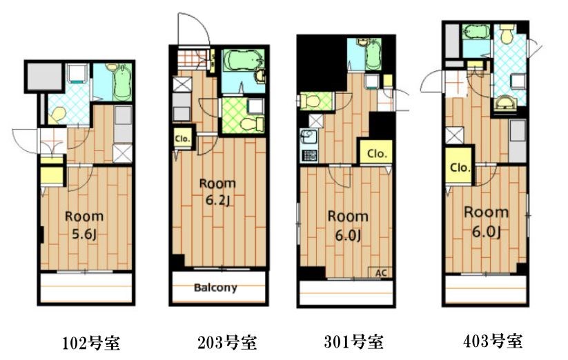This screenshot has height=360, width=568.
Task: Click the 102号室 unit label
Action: [x=91, y=343]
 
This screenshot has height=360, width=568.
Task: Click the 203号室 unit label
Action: [x=227, y=342]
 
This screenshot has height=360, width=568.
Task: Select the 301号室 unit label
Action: [x=353, y=341]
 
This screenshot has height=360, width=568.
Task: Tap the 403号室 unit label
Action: [x=493, y=341]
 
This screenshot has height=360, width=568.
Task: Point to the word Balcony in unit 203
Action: [x=215, y=288]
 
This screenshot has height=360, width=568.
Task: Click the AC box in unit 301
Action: [x=381, y=272]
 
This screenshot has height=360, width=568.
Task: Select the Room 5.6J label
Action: [x=84, y=225]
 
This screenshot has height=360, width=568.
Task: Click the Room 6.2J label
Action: [x=217, y=192]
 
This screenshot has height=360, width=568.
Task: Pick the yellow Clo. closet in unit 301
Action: [x=376, y=152]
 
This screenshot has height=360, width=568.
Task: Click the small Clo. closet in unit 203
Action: [x=182, y=138]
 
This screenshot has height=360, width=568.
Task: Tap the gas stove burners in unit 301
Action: [x=309, y=155]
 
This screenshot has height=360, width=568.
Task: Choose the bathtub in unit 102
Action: [x=122, y=82]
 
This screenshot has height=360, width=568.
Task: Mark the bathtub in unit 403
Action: [x=476, y=32]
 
